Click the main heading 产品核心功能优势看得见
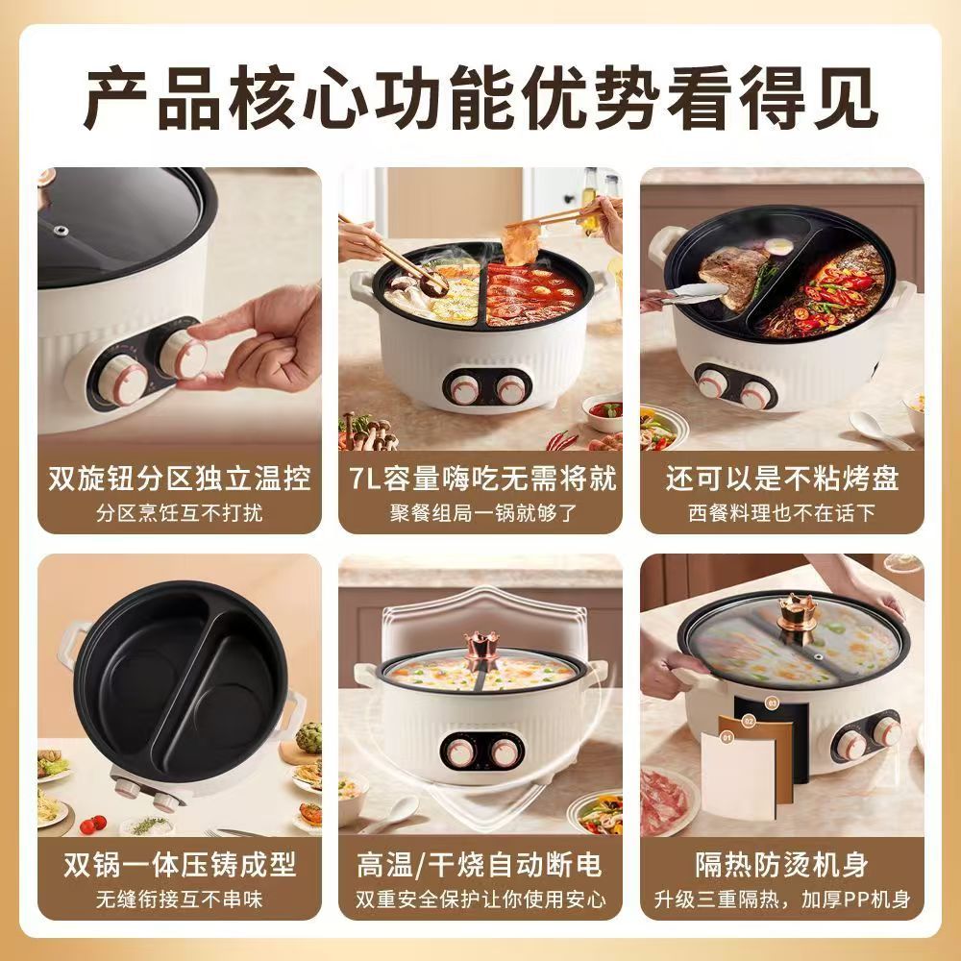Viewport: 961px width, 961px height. click(x=480, y=98)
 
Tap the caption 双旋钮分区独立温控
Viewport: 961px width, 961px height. click(x=180, y=479)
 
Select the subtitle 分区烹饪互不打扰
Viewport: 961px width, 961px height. click(x=180, y=512)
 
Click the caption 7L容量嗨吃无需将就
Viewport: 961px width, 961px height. click(x=481, y=479)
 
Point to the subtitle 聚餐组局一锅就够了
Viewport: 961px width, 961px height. click(x=481, y=512)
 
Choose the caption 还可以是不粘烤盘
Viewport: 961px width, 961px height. click(x=782, y=479)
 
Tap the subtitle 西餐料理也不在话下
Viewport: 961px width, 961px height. click(x=782, y=512)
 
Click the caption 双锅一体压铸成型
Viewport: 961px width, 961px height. click(x=180, y=865)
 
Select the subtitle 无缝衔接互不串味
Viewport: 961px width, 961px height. click(x=180, y=899)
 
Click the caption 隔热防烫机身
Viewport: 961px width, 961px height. click(x=782, y=865)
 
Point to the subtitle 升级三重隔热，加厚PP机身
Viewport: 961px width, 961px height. click(x=782, y=899)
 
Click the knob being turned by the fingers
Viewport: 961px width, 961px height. click(x=185, y=357)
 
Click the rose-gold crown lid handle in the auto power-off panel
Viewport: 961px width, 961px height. click(x=479, y=650)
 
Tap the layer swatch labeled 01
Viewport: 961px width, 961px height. click(x=739, y=773)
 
